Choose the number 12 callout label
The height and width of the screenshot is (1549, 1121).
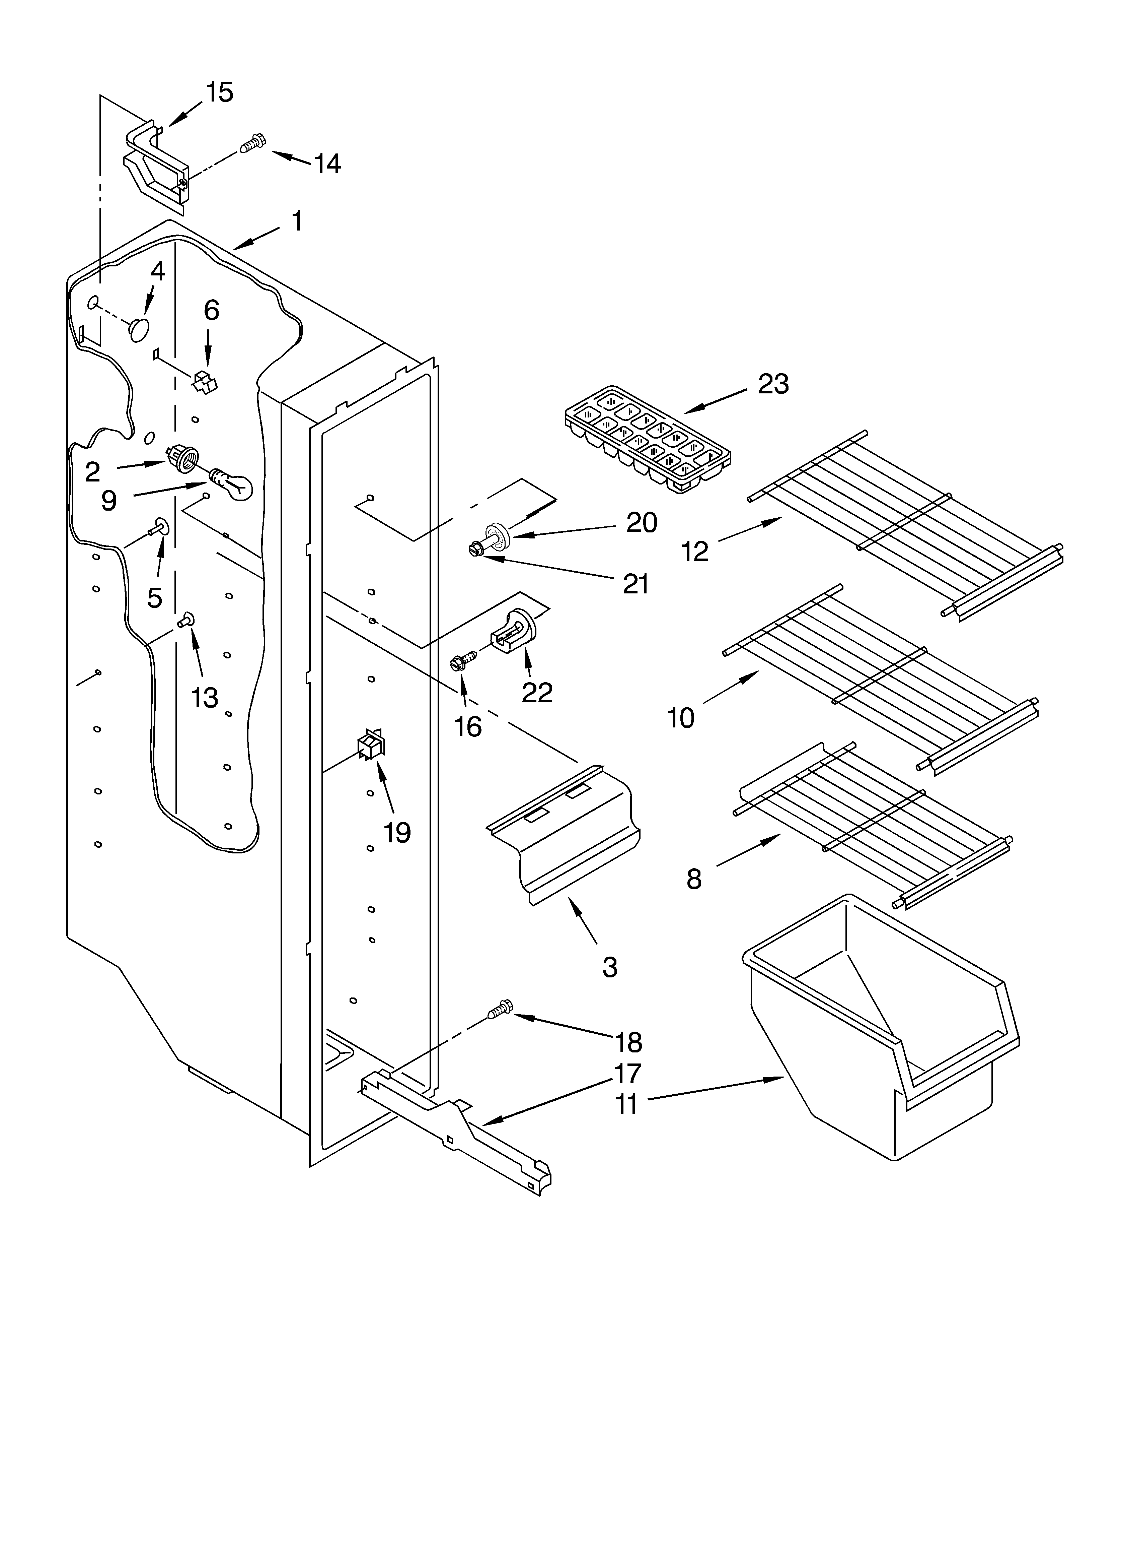point(695,551)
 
